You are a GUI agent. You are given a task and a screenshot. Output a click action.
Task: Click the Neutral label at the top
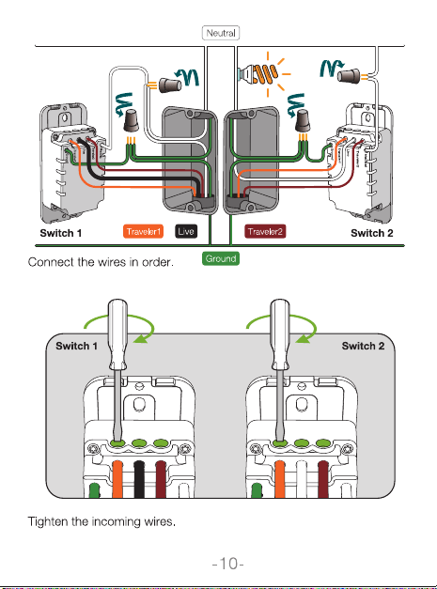[x=221, y=33]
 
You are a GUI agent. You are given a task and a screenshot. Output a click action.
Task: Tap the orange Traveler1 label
[x=143, y=231]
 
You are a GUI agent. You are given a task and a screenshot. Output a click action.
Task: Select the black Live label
[x=186, y=231]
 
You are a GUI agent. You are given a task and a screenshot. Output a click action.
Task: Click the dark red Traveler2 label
[x=265, y=231]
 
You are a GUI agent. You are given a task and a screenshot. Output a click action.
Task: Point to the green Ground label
[x=221, y=258]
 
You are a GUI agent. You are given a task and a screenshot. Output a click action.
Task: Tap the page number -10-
[x=228, y=564]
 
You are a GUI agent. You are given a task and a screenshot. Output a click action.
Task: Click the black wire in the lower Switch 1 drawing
[x=139, y=479]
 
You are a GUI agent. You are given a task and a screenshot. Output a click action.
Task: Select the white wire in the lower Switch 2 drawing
[x=302, y=479]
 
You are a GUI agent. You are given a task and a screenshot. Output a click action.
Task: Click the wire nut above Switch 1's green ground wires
[x=131, y=120]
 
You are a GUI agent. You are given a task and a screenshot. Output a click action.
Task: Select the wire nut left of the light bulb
[x=170, y=85]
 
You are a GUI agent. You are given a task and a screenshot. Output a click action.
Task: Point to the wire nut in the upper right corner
[x=349, y=76]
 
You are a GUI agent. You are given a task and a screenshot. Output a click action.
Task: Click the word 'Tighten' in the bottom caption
[x=45, y=521]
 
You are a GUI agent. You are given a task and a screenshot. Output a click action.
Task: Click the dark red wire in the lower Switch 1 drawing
[x=161, y=479]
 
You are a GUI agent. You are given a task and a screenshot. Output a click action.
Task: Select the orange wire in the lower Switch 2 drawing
[x=279, y=479]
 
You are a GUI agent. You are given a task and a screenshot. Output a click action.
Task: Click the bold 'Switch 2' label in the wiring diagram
[x=371, y=233]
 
